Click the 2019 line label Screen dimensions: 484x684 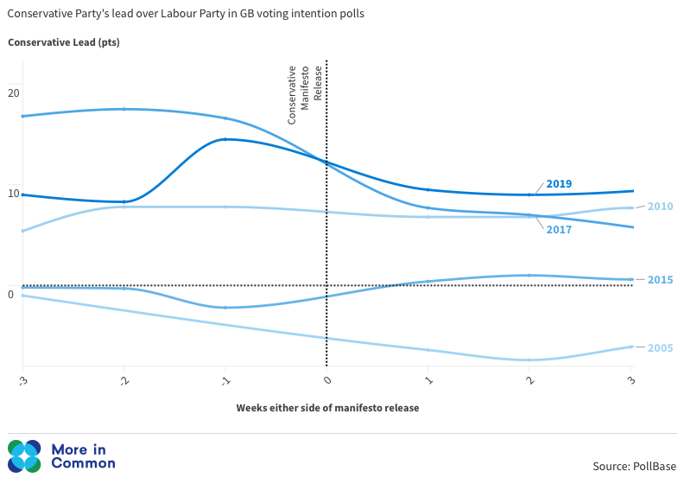(x=559, y=184)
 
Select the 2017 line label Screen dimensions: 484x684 (x=559, y=230)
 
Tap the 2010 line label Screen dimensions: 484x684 (x=660, y=207)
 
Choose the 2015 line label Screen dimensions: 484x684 (x=660, y=280)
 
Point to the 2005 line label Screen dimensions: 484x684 (x=660, y=348)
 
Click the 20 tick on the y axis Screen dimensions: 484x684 (x=13, y=92)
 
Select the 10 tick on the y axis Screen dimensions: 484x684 (x=13, y=194)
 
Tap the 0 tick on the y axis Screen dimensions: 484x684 (x=10, y=295)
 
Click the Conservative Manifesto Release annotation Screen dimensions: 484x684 (x=305, y=94)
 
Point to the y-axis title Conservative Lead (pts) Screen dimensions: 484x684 (x=64, y=42)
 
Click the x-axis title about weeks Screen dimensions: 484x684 (x=327, y=408)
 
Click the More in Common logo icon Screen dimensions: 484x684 (x=24, y=456)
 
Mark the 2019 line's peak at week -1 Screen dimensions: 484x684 (x=225, y=139)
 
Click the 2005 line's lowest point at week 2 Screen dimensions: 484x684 (x=529, y=360)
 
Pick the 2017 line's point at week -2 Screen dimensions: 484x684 (x=124, y=109)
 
